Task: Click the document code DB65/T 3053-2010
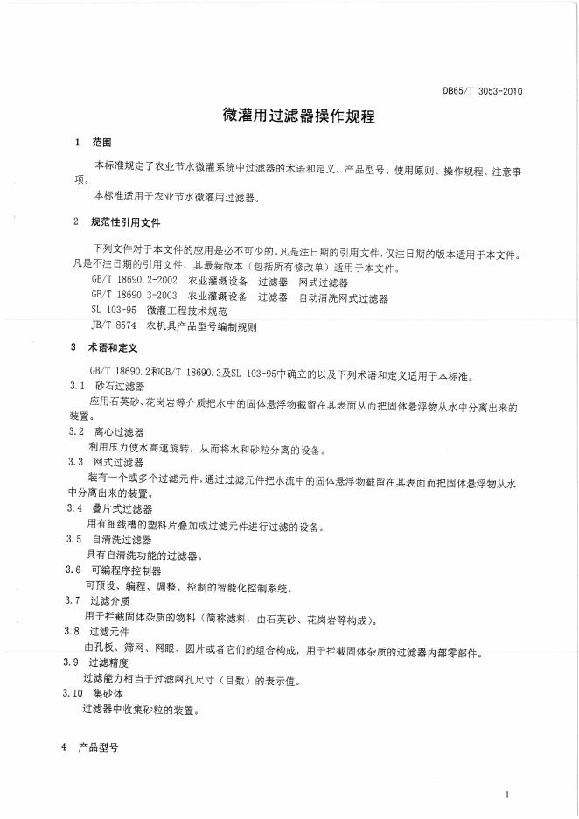click(x=482, y=90)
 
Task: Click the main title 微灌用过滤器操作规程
click(x=289, y=115)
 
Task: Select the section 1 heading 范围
click(x=103, y=142)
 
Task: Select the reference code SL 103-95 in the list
click(x=114, y=311)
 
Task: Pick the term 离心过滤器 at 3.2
click(x=119, y=432)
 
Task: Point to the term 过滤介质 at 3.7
click(x=110, y=601)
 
